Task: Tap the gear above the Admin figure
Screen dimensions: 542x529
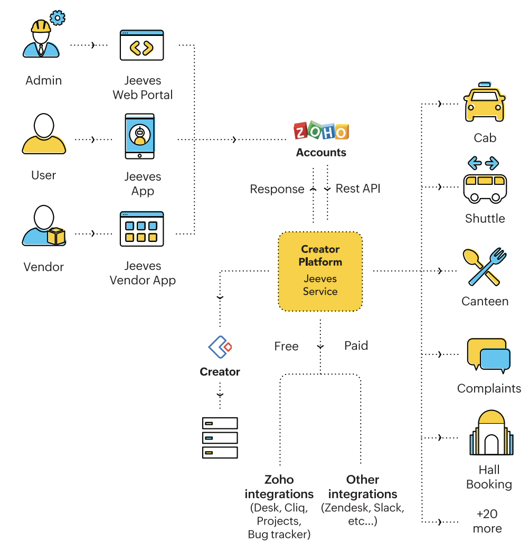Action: (x=58, y=18)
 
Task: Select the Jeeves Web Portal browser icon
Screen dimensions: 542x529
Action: (x=142, y=45)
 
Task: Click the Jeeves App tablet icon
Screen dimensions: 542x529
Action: (x=140, y=136)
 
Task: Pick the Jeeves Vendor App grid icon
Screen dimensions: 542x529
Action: (x=141, y=229)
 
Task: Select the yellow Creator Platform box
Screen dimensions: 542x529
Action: (x=320, y=270)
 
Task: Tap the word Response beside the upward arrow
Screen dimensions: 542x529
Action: (x=277, y=189)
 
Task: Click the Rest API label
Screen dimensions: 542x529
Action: (x=358, y=189)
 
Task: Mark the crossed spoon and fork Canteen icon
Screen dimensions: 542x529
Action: (x=484, y=267)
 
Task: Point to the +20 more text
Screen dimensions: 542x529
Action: (x=487, y=521)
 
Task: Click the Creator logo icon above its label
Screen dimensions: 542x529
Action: (x=220, y=347)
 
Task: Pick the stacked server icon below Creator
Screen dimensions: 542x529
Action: (x=220, y=437)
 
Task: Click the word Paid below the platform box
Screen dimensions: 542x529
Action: (x=356, y=345)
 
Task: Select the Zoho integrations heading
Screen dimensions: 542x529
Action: (x=279, y=487)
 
